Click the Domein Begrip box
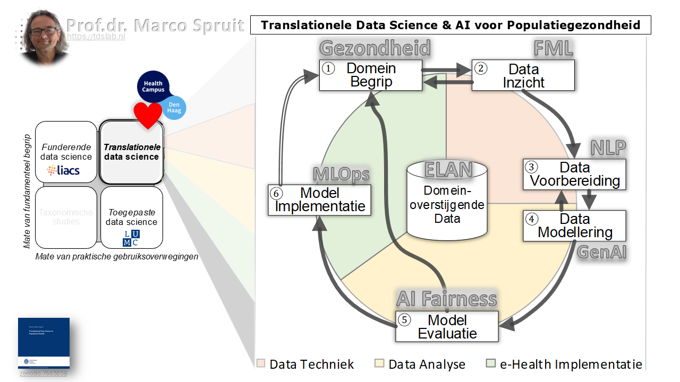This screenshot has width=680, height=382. coord(370,75)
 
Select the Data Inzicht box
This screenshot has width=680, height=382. coord(523,75)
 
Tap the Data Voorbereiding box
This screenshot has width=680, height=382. coord(574,174)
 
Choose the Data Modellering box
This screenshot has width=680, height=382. coord(574,225)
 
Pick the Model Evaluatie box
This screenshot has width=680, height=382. coord(447,326)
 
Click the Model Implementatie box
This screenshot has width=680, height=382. coord(319,199)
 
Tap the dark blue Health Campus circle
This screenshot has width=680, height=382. coord(153,86)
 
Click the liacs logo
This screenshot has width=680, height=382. coord(63,170)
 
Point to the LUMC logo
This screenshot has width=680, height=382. coord(131,238)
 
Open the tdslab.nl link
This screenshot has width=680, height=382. coord(96,37)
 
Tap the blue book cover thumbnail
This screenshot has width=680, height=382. coord(44,343)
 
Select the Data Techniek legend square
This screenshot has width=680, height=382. coord(260,363)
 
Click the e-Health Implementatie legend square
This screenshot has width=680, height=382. coord(490,363)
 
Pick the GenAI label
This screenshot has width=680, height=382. coord(602,251)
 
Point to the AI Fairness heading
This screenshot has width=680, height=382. coord(447,299)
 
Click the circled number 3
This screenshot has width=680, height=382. coord(531,167)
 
